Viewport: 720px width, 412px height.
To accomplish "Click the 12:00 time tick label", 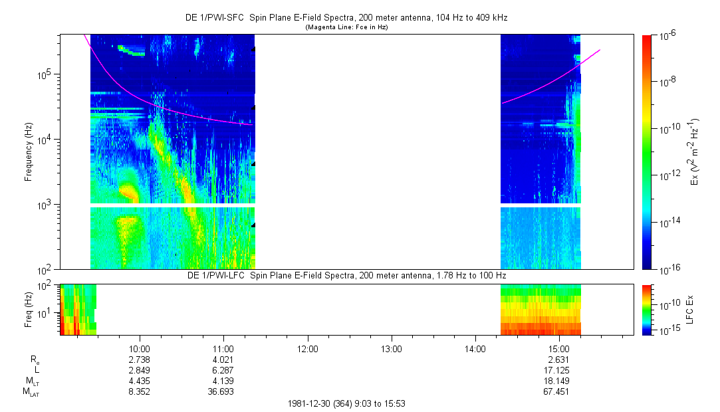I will tap(307, 348).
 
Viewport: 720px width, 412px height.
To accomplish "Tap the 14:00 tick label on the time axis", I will tap(475, 348).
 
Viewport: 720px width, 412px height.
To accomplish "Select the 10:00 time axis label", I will tap(139, 348).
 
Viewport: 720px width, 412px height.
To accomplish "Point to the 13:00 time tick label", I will tap(391, 348).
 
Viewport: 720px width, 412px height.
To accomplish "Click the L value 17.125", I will tap(559, 370).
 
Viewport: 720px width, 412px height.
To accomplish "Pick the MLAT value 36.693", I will tap(223, 392).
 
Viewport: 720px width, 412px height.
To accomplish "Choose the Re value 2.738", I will tap(139, 360).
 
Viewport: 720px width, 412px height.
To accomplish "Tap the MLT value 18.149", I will tap(559, 381).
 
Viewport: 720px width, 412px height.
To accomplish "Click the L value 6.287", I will tap(223, 370).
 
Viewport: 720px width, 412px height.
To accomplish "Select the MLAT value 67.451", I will tap(559, 392).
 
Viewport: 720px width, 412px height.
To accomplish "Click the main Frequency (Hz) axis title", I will tap(29, 152).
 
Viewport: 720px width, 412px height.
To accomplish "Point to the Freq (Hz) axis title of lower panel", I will tap(29, 309).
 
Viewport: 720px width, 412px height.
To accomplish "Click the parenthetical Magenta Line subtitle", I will tap(346, 27).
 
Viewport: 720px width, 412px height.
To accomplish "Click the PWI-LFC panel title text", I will tap(346, 275).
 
